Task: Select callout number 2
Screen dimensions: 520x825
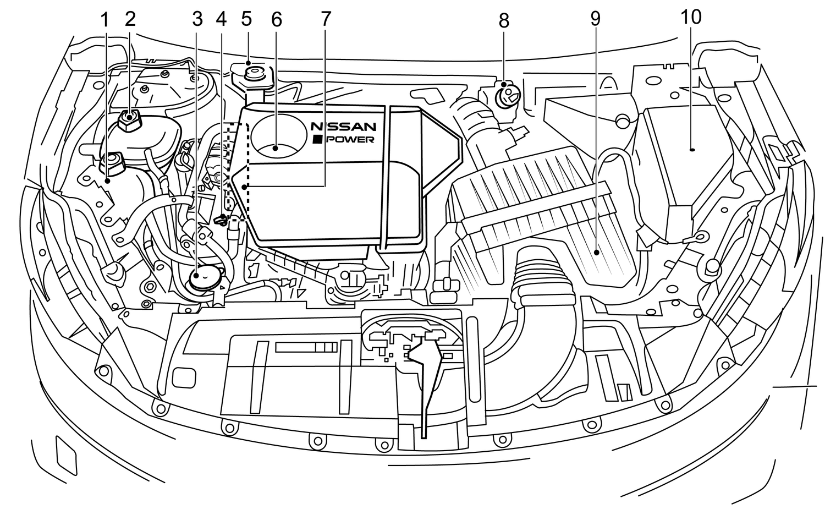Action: tap(130, 19)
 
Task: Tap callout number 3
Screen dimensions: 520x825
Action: tap(197, 19)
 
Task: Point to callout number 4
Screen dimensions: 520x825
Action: tap(221, 19)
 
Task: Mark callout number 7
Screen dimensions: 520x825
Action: tap(326, 19)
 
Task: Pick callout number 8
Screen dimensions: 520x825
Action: tap(504, 21)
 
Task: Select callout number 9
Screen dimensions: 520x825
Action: tap(595, 19)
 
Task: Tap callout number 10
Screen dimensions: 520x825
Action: tap(691, 17)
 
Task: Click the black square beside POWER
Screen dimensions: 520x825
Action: tap(317, 140)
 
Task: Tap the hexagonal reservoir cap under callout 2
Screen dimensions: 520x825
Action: tap(130, 117)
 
